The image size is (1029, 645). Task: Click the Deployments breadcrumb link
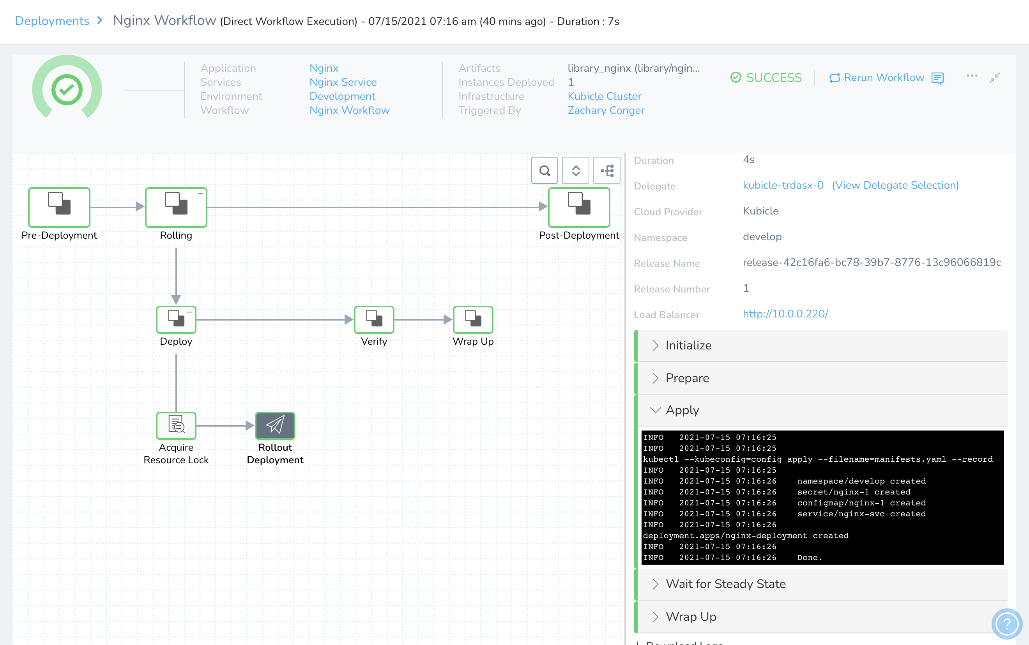coord(52,21)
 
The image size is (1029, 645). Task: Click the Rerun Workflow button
coord(877,78)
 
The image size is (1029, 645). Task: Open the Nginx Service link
coord(343,82)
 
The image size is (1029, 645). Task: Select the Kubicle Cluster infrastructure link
coord(604,96)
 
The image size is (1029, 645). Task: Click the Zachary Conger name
coord(606,110)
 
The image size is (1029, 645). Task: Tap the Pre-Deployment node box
coord(59,207)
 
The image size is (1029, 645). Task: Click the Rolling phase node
coord(176,207)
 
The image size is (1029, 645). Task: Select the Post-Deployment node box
coord(579,207)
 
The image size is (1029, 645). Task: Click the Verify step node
coord(374,319)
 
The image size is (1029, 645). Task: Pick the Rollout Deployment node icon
coord(275,425)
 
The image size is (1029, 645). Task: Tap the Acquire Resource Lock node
coord(176,425)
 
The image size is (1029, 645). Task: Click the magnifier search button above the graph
coord(545,171)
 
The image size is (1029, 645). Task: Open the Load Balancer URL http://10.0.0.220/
coord(785,314)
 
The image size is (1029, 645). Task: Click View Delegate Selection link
coord(895,185)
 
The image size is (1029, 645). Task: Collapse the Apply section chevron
coord(655,410)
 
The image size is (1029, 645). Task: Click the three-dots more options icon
coord(972,76)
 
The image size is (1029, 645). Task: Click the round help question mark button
coord(1006,624)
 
